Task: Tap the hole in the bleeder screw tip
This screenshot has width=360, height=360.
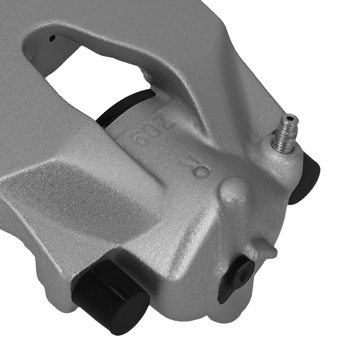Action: (x=290, y=117)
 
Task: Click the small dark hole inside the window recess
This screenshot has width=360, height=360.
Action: (x=53, y=37)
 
